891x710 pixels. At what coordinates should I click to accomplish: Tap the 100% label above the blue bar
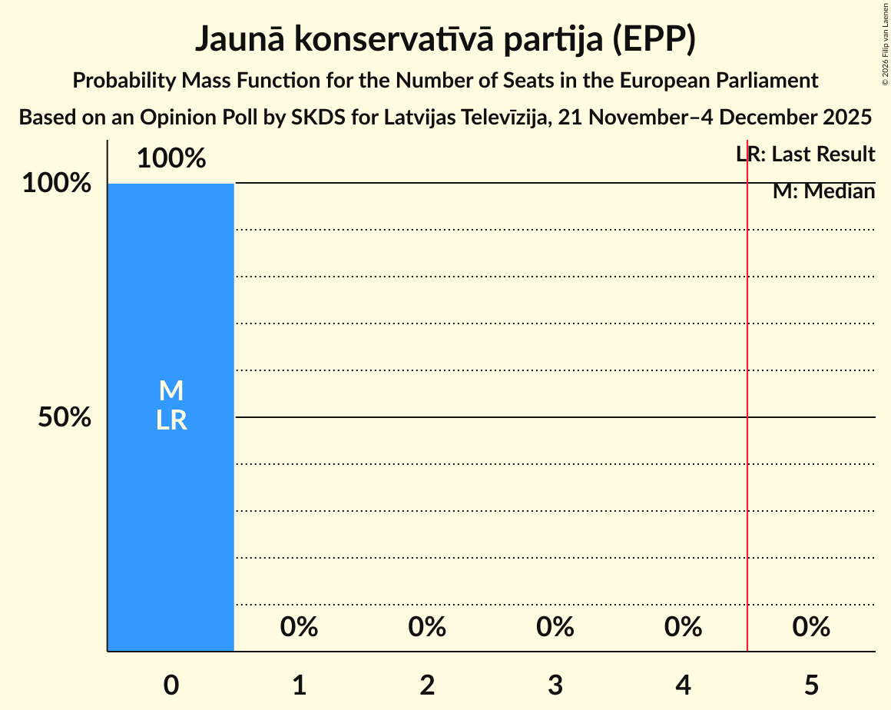click(x=171, y=159)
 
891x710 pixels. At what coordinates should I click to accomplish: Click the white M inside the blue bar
click(x=171, y=391)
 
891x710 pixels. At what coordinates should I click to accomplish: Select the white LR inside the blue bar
click(x=171, y=420)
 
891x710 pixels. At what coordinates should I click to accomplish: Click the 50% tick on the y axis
click(x=65, y=418)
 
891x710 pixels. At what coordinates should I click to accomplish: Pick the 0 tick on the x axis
click(x=171, y=685)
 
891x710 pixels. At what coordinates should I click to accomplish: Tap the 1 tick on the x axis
click(x=300, y=685)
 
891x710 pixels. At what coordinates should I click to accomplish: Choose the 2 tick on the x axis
click(x=427, y=685)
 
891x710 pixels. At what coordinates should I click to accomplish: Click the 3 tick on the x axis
click(x=555, y=685)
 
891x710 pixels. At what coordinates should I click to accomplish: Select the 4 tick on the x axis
click(x=684, y=685)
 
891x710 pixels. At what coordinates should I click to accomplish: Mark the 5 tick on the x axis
click(x=812, y=685)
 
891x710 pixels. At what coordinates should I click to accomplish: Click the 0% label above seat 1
click(x=300, y=628)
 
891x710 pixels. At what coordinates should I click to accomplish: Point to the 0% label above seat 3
click(x=555, y=628)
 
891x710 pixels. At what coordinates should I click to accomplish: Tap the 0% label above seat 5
click(x=812, y=628)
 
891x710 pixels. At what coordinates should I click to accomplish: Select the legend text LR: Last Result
click(x=805, y=154)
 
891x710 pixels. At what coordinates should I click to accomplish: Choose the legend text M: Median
click(x=823, y=191)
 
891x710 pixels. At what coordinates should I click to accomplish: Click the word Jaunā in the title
click(x=239, y=40)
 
